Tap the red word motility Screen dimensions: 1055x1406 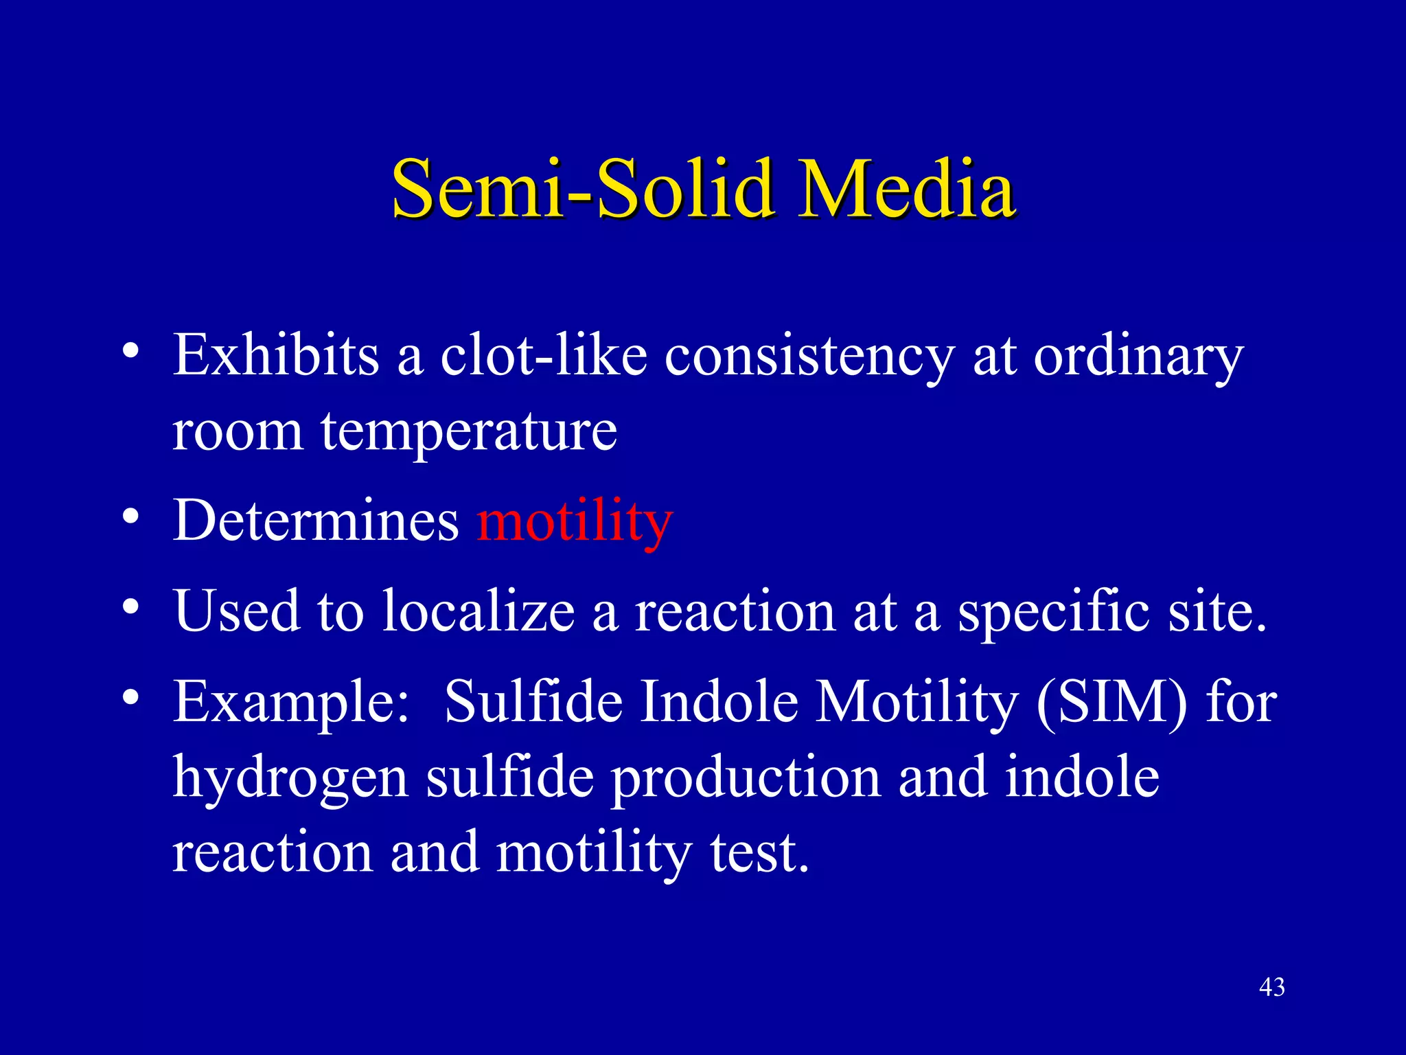(x=575, y=522)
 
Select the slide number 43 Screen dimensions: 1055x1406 (x=1271, y=987)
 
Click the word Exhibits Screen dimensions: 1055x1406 (x=275, y=356)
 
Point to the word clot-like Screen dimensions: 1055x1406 (x=543, y=356)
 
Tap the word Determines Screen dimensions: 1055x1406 (x=315, y=521)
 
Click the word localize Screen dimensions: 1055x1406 (x=479, y=611)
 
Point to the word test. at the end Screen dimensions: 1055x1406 (x=759, y=853)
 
